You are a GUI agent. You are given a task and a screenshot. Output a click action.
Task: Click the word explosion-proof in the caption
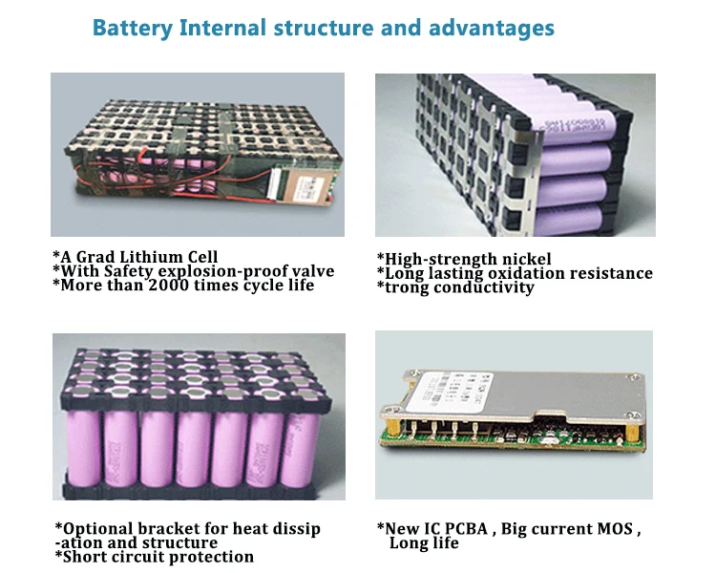tap(220, 271)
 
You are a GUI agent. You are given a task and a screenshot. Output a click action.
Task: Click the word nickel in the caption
tap(524, 259)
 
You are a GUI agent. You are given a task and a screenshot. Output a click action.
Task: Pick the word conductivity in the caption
tap(487, 287)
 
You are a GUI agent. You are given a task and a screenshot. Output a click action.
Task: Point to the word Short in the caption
tap(87, 557)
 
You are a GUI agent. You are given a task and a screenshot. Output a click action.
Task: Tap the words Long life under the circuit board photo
tap(424, 543)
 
